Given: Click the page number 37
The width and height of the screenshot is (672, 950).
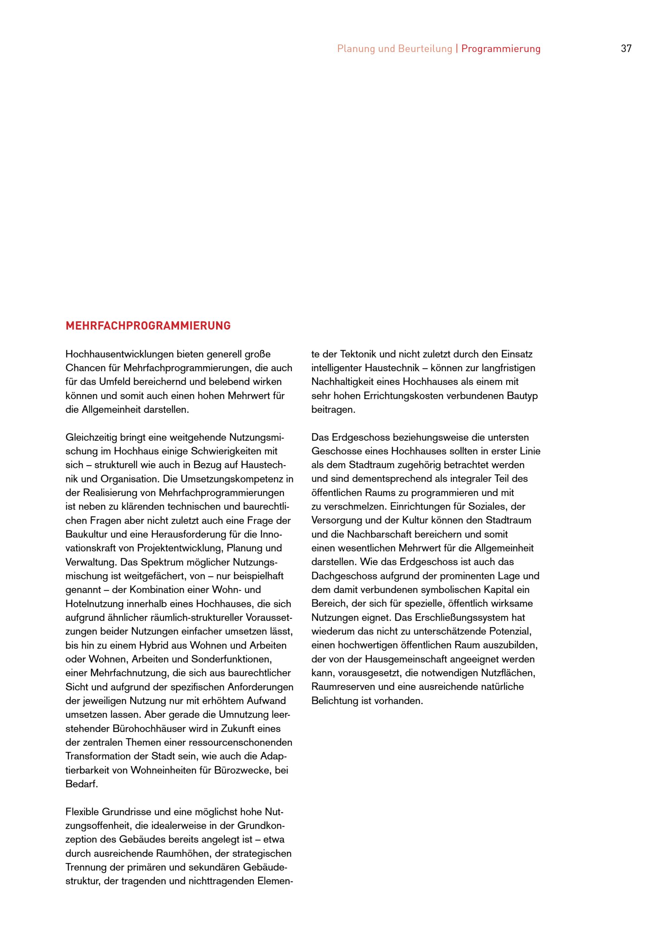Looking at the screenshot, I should pos(626,49).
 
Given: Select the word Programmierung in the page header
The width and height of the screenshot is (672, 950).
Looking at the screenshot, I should pos(501,49).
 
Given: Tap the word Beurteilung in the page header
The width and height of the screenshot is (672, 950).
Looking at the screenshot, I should pos(425,49).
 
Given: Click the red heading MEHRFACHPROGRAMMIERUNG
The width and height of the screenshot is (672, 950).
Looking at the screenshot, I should pos(148,326).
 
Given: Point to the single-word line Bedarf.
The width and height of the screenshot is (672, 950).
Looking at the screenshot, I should pos(82,784).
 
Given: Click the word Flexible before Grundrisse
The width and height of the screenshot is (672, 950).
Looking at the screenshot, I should pos(82,812).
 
